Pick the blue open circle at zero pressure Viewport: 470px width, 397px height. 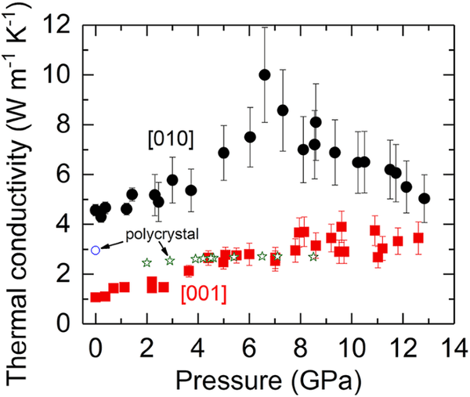point(96,250)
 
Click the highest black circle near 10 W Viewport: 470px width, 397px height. point(265,75)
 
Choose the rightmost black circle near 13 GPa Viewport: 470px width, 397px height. point(424,198)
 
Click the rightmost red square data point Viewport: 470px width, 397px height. point(418,237)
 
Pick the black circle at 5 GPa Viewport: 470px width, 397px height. point(223,153)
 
